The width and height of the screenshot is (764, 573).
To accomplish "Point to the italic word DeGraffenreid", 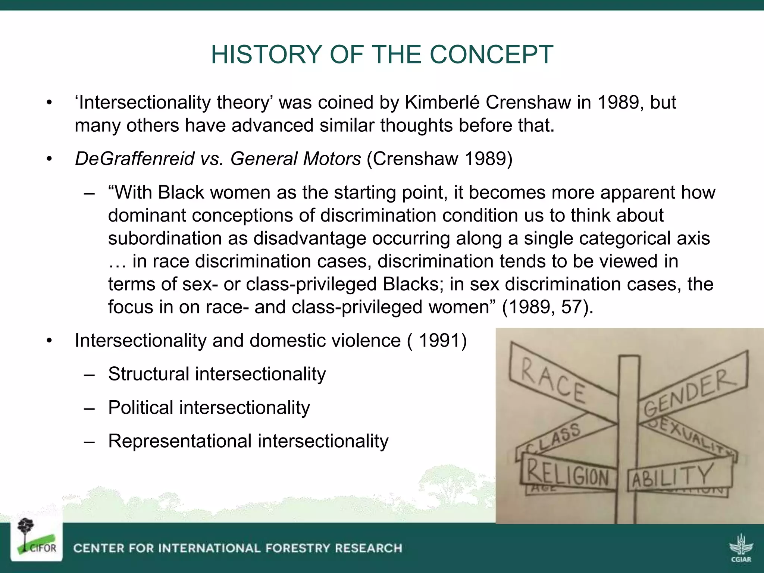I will pos(134,159).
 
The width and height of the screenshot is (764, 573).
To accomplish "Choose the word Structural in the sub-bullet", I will pos(148,374).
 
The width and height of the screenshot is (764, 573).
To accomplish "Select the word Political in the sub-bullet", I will pos(140,408).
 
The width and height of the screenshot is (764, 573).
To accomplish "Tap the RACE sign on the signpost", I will pos(554,381).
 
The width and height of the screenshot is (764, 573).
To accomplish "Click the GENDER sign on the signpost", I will pos(690,392).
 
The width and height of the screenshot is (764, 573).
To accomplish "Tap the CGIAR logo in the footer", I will pos(741,548).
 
